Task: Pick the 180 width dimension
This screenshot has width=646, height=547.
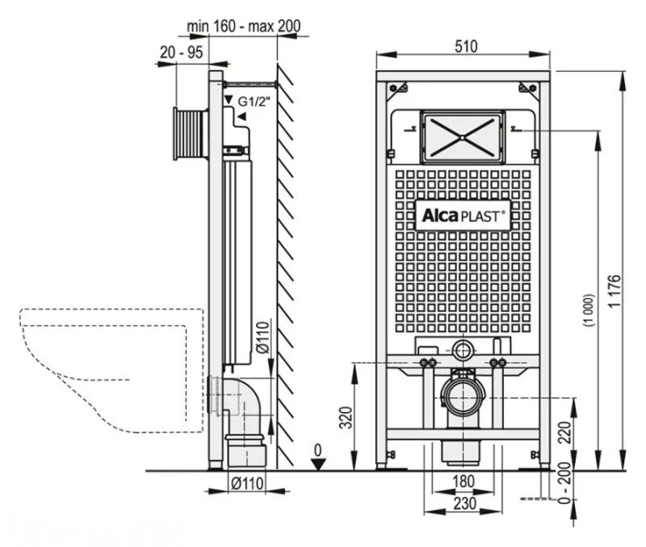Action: tap(464, 480)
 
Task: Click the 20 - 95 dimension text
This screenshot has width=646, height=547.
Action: tap(179, 54)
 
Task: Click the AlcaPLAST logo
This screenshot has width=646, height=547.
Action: tap(464, 215)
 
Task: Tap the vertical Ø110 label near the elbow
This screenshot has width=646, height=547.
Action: tap(261, 337)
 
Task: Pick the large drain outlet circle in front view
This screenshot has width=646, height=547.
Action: tap(464, 397)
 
